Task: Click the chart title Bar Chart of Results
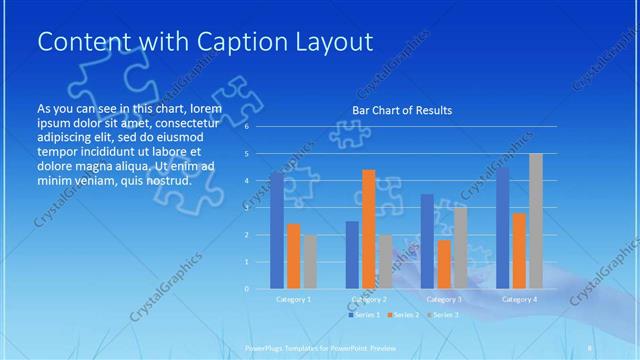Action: [x=401, y=110]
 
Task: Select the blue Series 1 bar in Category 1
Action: [x=277, y=230]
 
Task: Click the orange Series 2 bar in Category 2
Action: [x=368, y=229]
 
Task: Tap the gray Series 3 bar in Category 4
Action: [x=535, y=221]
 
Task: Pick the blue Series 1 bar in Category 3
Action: [x=427, y=241]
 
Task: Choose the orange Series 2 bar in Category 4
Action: [x=519, y=250]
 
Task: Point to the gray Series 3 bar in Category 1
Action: [x=309, y=261]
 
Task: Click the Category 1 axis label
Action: [x=293, y=299]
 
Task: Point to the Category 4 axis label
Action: [x=519, y=299]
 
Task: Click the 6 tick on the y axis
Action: [x=246, y=127]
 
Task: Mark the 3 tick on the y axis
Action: [x=246, y=208]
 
